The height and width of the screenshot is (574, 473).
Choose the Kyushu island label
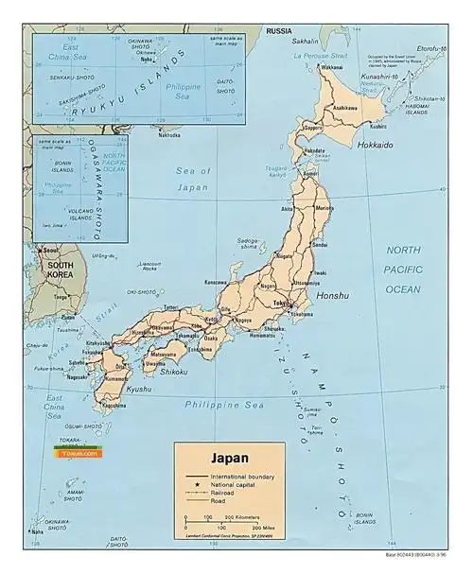pos(112,390)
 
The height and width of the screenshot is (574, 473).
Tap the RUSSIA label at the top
pos(278,31)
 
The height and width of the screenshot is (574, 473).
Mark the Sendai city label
pos(320,244)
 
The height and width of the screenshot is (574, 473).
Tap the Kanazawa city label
pos(215,282)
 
